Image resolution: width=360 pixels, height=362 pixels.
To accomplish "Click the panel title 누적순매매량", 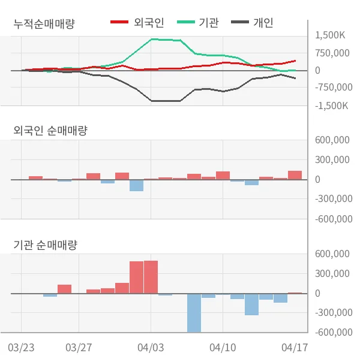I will pyautogui.click(x=47, y=25).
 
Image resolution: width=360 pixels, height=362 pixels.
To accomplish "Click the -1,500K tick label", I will pyautogui.click(x=331, y=105).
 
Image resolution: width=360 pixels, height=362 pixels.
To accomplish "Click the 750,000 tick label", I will pyautogui.click(x=332, y=53).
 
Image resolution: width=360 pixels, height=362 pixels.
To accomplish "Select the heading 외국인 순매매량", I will pyautogui.click(x=50, y=130).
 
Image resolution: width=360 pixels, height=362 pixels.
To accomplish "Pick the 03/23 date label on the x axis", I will pyautogui.click(x=22, y=348).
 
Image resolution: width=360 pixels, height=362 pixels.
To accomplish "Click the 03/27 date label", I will pyautogui.click(x=79, y=348).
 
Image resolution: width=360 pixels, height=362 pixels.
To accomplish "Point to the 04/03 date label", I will pyautogui.click(x=151, y=348).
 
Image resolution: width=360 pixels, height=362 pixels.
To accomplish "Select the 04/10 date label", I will pyautogui.click(x=223, y=348).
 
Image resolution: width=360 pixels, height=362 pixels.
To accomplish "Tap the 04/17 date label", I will pyautogui.click(x=295, y=348).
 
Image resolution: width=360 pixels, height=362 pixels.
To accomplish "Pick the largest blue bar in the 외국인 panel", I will pyautogui.click(x=136, y=185).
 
